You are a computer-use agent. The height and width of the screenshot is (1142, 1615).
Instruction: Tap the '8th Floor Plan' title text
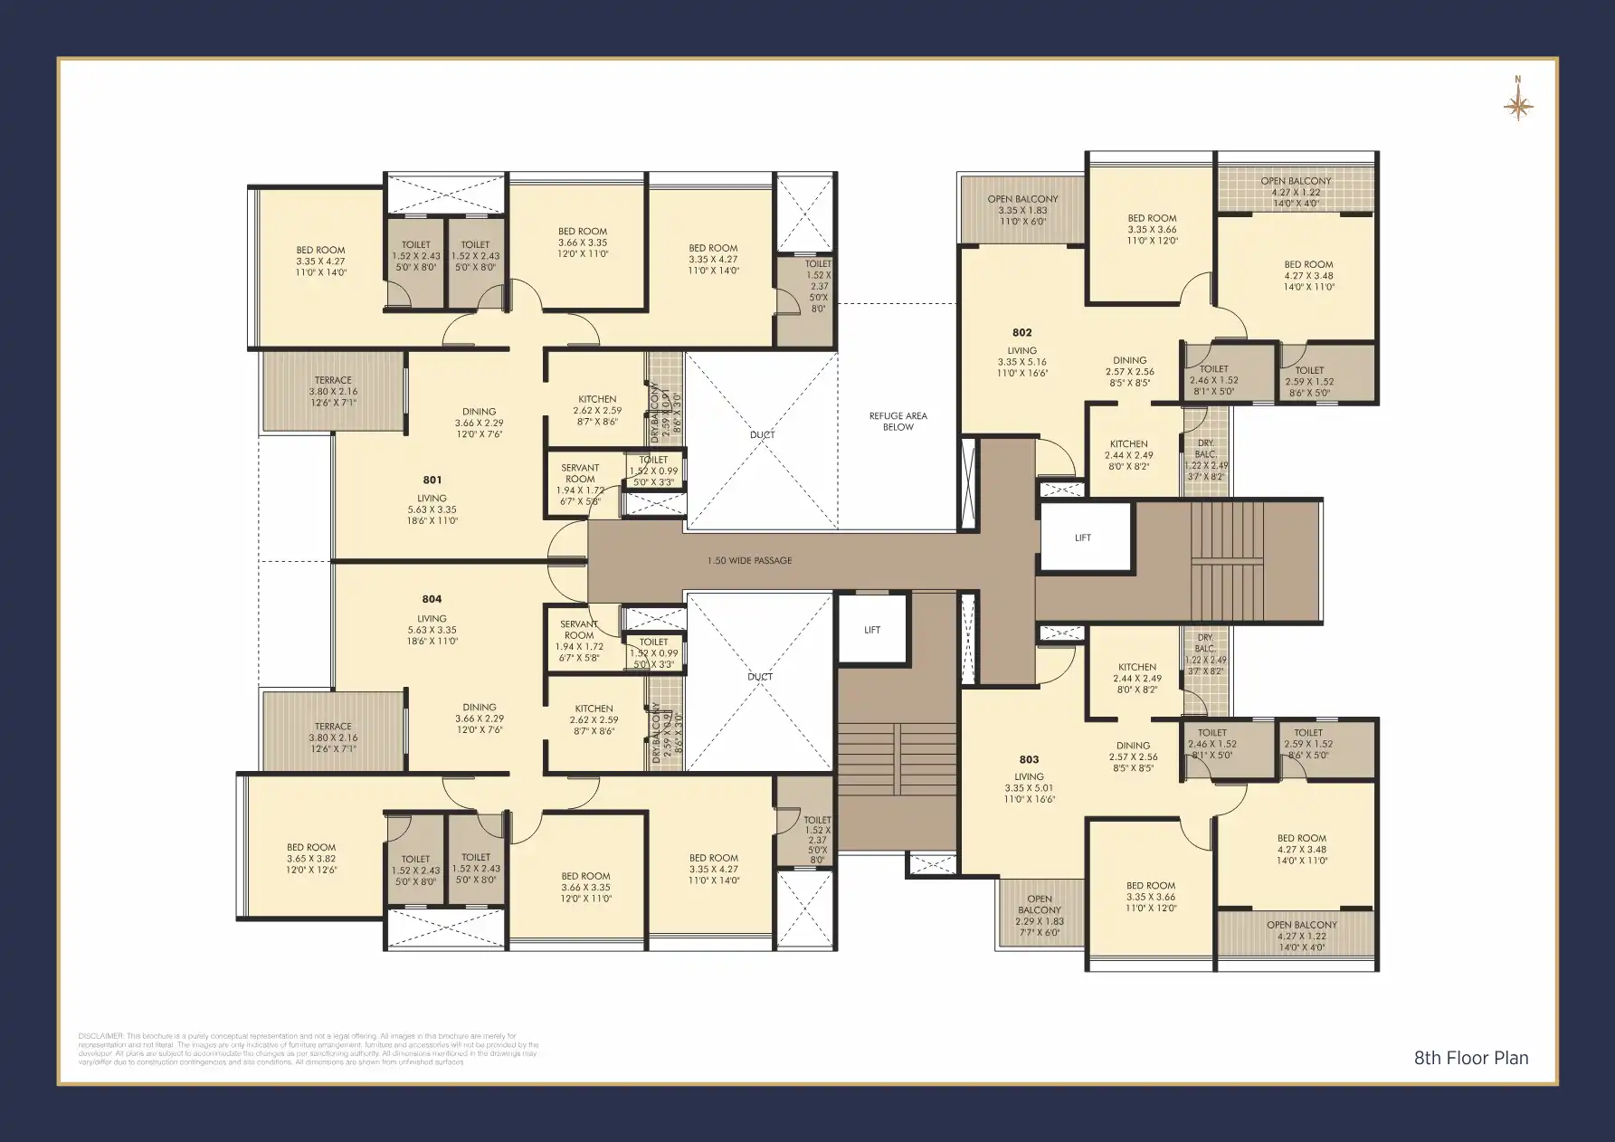[1470, 1058]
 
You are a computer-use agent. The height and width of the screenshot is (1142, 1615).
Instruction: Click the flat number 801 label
[432, 480]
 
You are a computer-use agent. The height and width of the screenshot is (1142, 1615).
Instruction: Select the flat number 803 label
[1029, 759]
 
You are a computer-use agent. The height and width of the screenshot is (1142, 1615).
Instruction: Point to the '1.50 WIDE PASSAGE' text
[749, 561]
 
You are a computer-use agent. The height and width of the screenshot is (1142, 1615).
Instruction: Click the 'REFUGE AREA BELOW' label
[898, 421]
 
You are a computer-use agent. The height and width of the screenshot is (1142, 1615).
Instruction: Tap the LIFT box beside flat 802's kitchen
[1084, 538]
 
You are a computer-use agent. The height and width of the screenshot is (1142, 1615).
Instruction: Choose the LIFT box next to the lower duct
[871, 630]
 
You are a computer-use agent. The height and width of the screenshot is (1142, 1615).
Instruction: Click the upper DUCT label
[762, 434]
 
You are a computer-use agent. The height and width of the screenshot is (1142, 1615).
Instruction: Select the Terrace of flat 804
[333, 731]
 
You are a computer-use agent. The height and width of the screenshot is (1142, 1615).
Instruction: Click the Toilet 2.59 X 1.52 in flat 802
[1308, 376]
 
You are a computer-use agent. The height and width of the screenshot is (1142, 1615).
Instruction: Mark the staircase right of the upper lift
[1227, 561]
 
